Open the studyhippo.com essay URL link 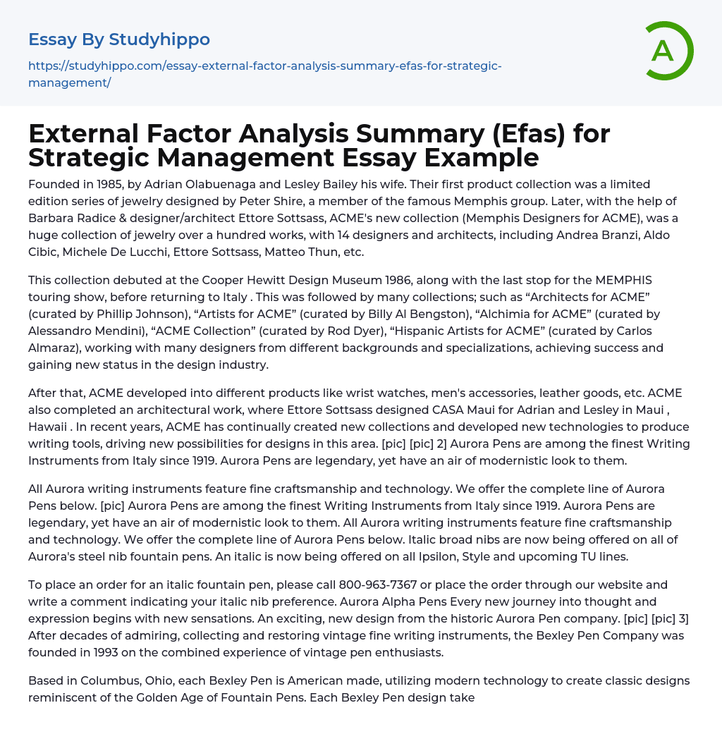pos(264,74)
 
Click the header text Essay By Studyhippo pos(119,39)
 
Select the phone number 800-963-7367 pos(379,585)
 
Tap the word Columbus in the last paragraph pos(99,681)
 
